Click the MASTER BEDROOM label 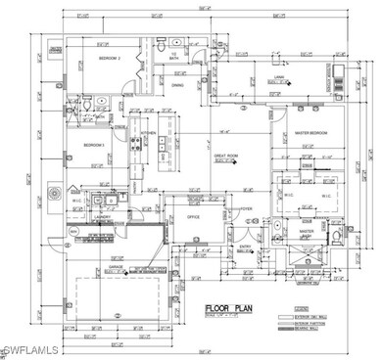click(x=311, y=134)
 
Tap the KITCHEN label click(x=149, y=134)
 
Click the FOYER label click(x=248, y=208)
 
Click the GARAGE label click(x=115, y=266)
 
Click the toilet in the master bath click(x=279, y=231)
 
